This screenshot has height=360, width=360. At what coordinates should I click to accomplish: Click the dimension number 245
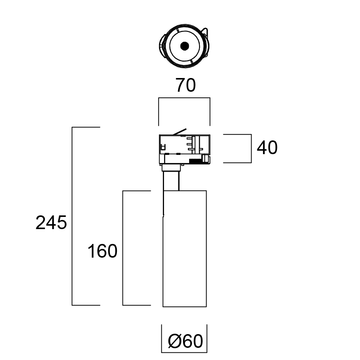point(51,223)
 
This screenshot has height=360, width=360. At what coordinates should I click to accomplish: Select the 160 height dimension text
point(102,252)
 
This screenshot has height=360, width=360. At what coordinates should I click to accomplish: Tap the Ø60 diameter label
point(185,341)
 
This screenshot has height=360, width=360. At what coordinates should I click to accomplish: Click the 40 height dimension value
point(267,148)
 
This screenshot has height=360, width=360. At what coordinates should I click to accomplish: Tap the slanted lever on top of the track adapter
point(179,132)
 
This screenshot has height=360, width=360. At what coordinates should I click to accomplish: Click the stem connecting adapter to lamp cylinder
point(171,181)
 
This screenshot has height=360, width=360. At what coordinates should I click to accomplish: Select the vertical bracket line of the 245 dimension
point(72,216)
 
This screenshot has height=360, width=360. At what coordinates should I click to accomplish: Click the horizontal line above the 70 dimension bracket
point(184,98)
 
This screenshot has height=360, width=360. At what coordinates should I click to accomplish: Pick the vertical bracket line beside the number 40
point(252,148)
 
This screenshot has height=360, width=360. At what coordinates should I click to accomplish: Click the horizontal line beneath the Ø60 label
point(184,352)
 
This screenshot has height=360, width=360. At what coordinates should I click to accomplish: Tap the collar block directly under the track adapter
point(172,168)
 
